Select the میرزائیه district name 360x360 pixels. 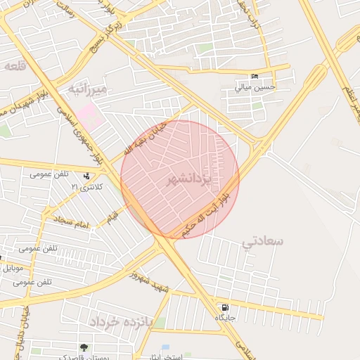click(x=88, y=89)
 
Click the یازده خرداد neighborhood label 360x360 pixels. click(x=121, y=322)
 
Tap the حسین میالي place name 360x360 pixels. click(x=255, y=88)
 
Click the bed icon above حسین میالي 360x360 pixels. click(x=255, y=77)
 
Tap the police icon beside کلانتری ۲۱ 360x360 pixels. click(x=86, y=176)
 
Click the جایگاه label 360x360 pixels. click(x=225, y=318)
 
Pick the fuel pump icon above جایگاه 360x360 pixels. click(x=224, y=307)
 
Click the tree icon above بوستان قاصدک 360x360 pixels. click(x=84, y=347)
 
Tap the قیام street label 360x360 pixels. click(x=112, y=217)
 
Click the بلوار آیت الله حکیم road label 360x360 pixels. click(x=207, y=212)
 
